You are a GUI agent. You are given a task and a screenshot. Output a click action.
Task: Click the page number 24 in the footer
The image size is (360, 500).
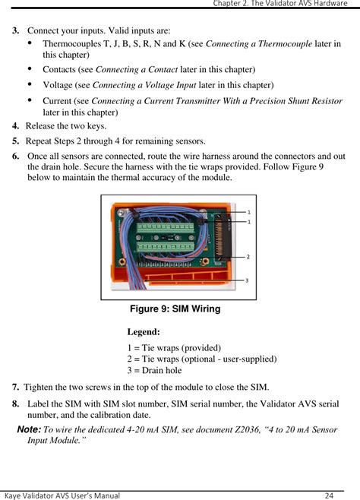[329, 495]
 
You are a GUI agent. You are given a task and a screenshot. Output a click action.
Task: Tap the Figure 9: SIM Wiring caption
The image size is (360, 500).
[175, 309]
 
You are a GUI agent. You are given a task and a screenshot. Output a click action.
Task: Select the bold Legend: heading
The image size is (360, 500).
[144, 332]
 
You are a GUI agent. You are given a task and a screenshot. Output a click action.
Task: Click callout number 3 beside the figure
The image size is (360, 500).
[247, 280]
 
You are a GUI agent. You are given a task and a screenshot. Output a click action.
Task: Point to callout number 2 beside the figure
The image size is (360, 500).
[248, 257]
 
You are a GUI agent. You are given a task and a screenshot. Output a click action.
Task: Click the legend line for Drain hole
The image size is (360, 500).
[154, 370]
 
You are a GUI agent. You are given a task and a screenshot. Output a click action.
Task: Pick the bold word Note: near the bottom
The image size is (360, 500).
[29, 429]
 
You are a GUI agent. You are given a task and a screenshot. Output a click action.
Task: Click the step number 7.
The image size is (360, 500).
[16, 387]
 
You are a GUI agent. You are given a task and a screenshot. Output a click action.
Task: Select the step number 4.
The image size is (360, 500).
[16, 126]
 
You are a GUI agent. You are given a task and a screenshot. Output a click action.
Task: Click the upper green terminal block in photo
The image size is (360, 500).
[166, 228]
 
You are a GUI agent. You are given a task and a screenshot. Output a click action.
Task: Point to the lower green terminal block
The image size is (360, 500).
[166, 247]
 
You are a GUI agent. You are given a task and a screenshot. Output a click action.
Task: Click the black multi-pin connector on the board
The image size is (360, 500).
[223, 238]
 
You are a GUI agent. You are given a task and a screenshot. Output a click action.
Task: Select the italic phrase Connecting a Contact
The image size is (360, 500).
[137, 69]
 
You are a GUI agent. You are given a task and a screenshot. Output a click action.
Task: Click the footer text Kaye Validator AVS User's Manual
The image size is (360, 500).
[62, 495]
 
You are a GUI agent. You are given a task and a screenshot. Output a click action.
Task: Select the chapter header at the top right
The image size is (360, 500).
[280, 4]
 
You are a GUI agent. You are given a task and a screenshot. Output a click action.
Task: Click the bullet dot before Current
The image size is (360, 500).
[30, 100]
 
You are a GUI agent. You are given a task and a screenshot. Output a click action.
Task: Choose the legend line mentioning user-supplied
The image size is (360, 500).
[202, 359]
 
